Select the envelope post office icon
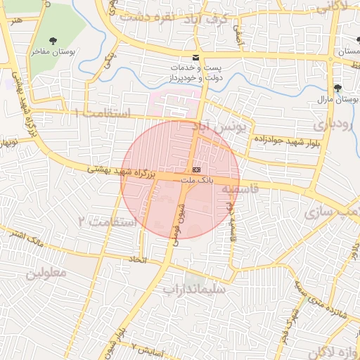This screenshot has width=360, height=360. (x=195, y=57)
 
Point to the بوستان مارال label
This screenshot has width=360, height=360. (x=340, y=101)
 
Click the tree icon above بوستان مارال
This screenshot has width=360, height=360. (x=339, y=88)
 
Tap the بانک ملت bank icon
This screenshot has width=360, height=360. (x=195, y=171)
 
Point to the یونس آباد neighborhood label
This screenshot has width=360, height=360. (x=221, y=128)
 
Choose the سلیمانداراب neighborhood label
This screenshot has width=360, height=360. (x=194, y=288)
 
